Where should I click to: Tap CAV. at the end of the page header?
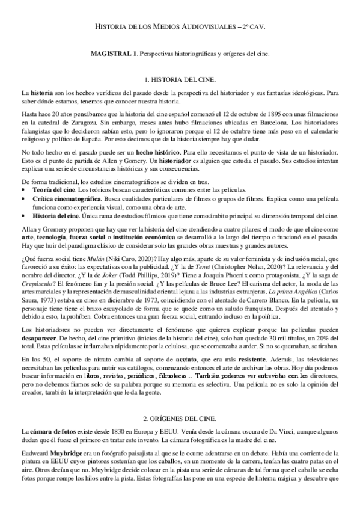[254, 28]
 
